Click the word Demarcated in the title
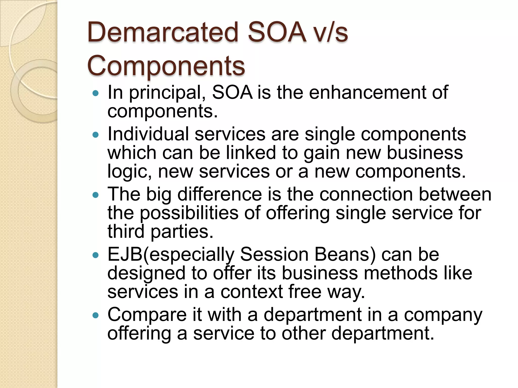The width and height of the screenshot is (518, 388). [163, 32]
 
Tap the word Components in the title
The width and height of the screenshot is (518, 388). [166, 66]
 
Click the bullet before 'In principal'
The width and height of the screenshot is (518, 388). [96, 93]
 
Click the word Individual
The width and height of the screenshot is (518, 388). [148, 134]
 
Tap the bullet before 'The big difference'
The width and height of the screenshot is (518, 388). [96, 195]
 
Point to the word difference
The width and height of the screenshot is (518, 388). [219, 194]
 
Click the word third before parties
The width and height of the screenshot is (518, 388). [126, 231]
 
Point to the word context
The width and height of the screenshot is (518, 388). [252, 292]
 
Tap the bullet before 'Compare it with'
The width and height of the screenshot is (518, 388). [96, 315]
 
